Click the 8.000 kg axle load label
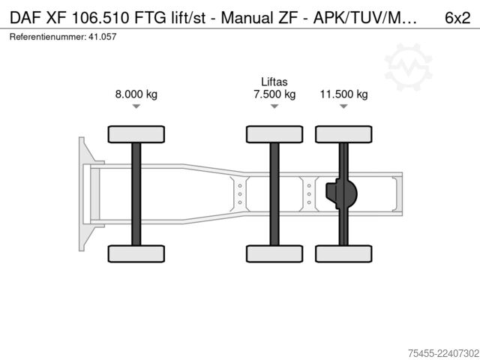pos(136,94)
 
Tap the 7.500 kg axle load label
pos(274,94)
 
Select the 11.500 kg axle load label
pos(343,94)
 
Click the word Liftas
pos(274,82)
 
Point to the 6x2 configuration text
pos(457,18)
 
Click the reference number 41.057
pos(103,37)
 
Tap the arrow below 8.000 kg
pos(136,106)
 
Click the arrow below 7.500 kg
pos(274,106)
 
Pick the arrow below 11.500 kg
pos(343,106)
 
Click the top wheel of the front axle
pos(136,134)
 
